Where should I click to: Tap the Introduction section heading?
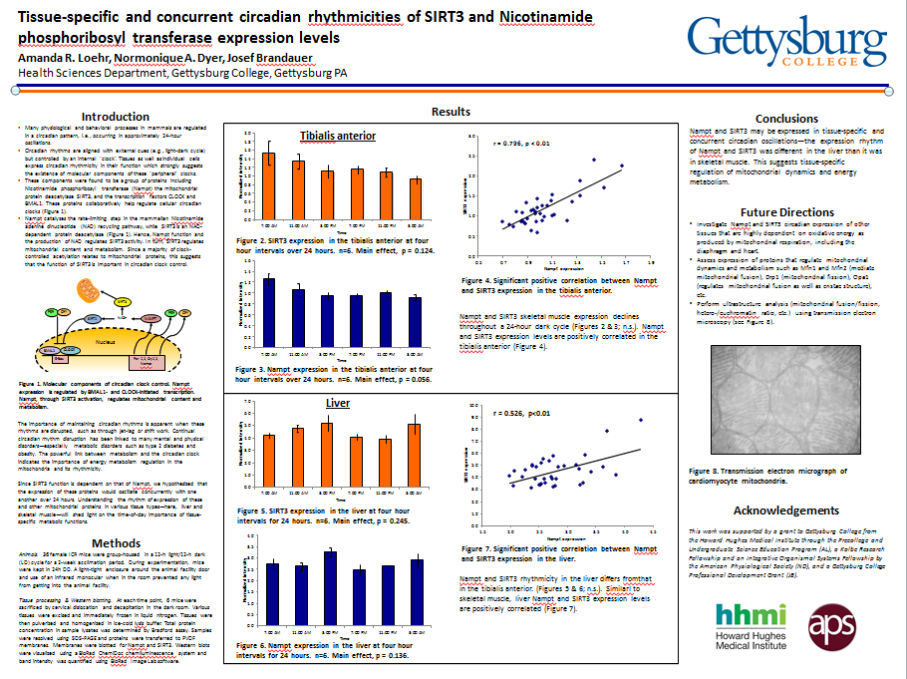click(x=116, y=117)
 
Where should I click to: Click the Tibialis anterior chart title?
click(x=337, y=136)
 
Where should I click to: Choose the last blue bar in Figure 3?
click(x=415, y=312)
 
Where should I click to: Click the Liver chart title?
click(x=338, y=403)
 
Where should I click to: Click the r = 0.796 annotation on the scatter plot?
click(x=521, y=144)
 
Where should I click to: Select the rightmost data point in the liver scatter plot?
click(x=641, y=420)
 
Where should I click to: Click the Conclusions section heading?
click(x=786, y=119)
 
